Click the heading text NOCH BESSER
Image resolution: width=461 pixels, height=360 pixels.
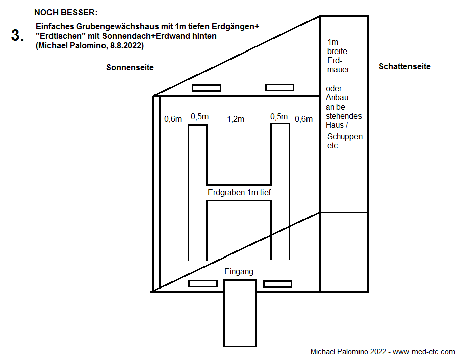(x=66, y=12)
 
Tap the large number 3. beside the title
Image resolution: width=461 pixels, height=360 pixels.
(x=17, y=36)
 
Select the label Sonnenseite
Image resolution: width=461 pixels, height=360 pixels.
(x=130, y=67)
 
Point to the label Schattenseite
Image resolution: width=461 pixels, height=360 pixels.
(x=404, y=66)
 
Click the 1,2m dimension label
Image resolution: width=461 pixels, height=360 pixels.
(x=236, y=119)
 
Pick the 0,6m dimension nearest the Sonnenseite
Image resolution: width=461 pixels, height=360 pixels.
(x=173, y=119)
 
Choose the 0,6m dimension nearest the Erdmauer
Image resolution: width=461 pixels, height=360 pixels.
(x=303, y=119)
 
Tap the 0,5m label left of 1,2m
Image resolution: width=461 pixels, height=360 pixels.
(x=199, y=117)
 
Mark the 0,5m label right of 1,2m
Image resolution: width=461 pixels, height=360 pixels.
(x=279, y=117)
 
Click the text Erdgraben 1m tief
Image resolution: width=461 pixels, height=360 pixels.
(x=240, y=192)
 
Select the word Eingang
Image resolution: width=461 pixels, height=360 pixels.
(x=239, y=272)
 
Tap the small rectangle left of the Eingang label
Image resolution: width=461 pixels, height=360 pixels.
(x=202, y=283)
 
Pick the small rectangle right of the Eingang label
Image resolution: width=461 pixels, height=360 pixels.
(x=277, y=283)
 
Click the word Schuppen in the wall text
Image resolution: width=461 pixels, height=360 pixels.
(x=344, y=137)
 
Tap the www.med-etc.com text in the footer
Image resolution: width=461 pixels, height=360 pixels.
(x=424, y=351)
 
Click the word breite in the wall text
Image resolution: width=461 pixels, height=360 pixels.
(x=337, y=51)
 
